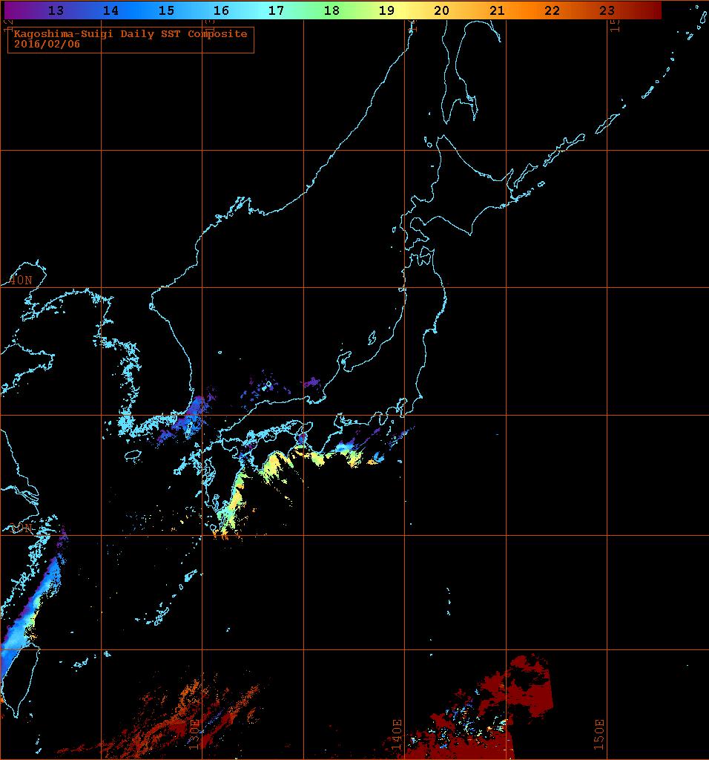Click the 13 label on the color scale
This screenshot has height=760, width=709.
(55, 10)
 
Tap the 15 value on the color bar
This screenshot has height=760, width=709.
(165, 10)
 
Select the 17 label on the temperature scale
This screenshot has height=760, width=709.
(276, 10)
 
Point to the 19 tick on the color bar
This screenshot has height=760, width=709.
(386, 10)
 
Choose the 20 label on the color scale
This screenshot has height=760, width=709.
(441, 10)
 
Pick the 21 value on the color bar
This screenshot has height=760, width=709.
(497, 10)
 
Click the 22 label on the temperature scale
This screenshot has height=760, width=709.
(552, 10)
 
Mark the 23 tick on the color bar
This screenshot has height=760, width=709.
(607, 10)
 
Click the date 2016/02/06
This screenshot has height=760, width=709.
(45, 44)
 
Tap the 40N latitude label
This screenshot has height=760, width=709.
(21, 280)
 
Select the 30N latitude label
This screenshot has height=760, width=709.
(21, 528)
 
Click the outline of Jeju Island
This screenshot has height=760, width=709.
(133, 455)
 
